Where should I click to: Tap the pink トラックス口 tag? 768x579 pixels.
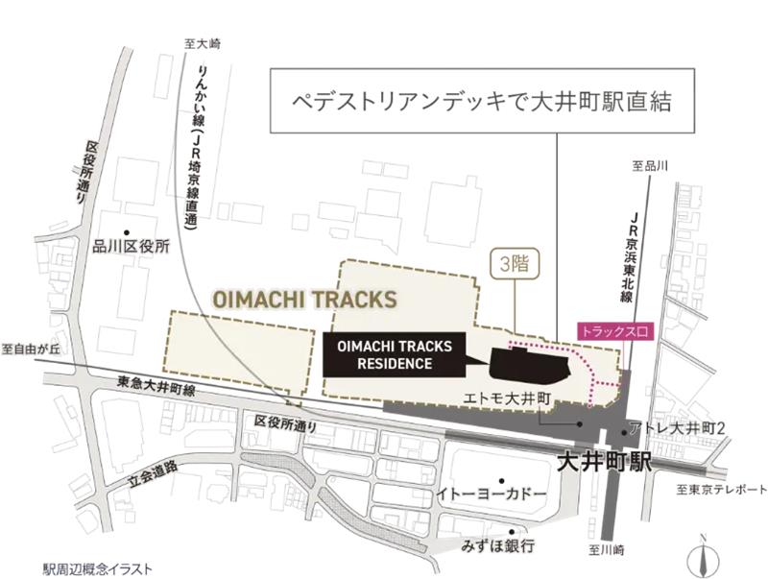pyautogui.click(x=614, y=331)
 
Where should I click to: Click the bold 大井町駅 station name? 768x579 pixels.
pyautogui.click(x=604, y=462)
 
